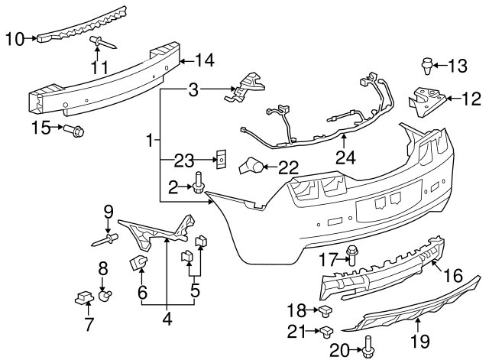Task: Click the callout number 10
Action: pos(15,39)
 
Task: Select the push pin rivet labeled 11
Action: pos(103,43)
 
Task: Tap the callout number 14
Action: pos(205,60)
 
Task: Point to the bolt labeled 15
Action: pos(74,131)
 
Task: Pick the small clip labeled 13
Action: pos(427,66)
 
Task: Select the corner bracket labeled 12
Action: pos(428,102)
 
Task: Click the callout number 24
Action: pos(345,157)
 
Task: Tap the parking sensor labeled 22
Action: pos(251,166)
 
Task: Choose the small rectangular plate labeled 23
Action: pos(221,159)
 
